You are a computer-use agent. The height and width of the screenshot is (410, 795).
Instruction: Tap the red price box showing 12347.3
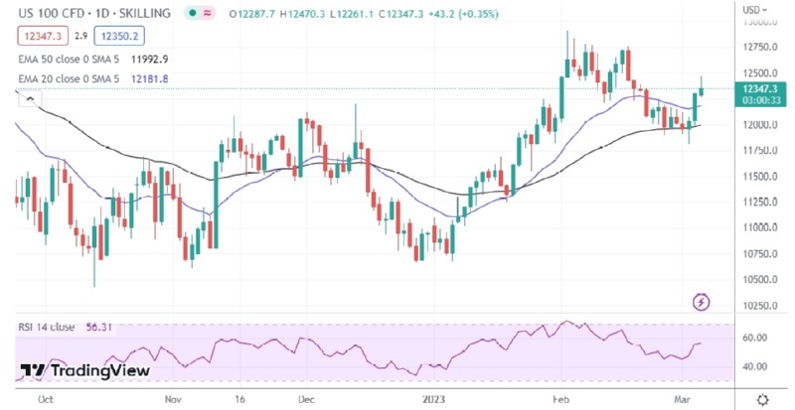(x=38, y=36)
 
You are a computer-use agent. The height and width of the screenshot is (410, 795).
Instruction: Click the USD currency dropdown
(x=754, y=10)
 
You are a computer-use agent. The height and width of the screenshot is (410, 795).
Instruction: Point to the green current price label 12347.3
(x=758, y=88)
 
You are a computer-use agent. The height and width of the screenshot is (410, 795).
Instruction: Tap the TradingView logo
(x=84, y=370)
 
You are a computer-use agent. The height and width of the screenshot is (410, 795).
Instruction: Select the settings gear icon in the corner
(x=761, y=398)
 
